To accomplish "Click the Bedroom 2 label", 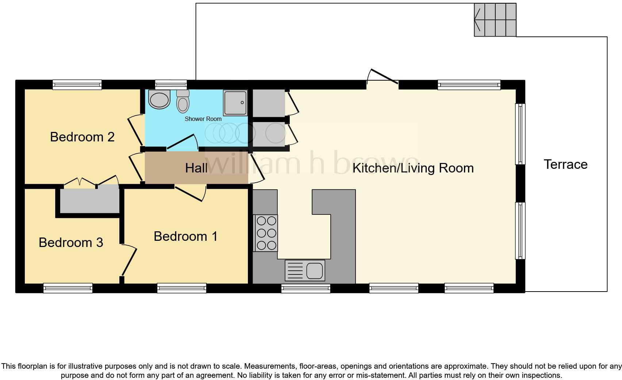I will (82, 137).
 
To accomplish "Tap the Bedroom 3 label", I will (71, 243).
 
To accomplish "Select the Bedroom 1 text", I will (185, 236).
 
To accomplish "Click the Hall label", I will (196, 168).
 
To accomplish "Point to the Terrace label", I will (565, 164).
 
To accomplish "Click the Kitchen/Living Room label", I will (413, 168).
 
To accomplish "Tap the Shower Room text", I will (203, 119).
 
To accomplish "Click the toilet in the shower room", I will (183, 101).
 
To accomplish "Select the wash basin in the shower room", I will (160, 100).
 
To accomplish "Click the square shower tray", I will (235, 103).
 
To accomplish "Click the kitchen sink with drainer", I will (305, 271).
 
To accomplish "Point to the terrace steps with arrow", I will (495, 20).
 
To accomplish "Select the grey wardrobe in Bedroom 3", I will (89, 199).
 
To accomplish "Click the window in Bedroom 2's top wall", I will (77, 85).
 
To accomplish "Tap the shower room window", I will (171, 85).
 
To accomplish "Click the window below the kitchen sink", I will (306, 289).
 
